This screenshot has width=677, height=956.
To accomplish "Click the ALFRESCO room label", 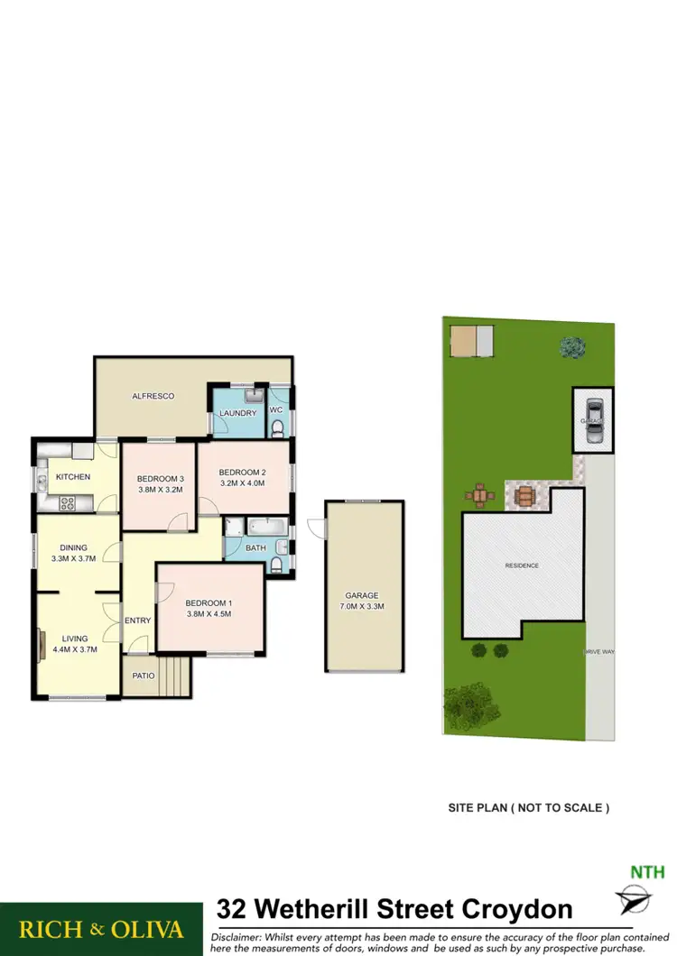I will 153,396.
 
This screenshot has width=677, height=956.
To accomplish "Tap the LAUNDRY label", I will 237,413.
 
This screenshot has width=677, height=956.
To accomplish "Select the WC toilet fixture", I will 280,427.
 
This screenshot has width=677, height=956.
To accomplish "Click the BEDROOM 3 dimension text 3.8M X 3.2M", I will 161,491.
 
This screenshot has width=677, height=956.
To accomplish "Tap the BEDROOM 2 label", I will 242,472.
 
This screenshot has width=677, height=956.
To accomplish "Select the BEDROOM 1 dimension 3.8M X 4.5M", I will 209,614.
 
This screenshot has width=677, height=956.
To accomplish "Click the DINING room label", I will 74,547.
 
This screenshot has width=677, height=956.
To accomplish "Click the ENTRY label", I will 138,620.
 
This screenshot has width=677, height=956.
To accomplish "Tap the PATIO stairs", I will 178,676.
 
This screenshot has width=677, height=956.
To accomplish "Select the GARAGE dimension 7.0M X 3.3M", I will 361,606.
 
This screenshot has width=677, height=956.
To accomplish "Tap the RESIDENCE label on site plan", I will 521,565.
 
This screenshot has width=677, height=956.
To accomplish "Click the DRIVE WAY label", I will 598,650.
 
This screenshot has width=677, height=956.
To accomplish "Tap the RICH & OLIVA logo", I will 101,929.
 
